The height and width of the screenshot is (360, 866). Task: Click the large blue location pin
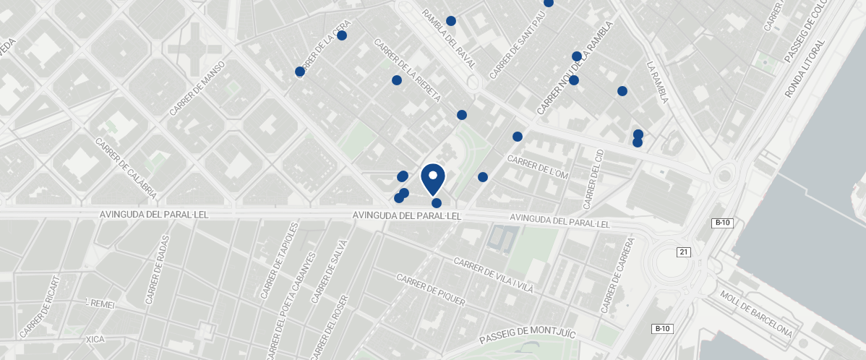coord(432,178)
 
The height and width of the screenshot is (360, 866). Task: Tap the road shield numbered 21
coord(684,252)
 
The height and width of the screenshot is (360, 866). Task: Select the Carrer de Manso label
coord(197,89)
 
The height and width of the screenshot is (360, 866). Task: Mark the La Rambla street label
coord(657,82)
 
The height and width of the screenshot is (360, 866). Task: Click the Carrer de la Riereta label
coord(407,70)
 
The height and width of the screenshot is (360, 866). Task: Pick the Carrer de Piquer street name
coord(430,290)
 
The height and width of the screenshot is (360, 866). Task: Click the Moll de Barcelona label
coord(756,315)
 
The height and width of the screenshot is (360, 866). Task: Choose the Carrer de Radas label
coord(159,269)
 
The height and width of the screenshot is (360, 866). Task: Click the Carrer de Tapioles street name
coord(278,261)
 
